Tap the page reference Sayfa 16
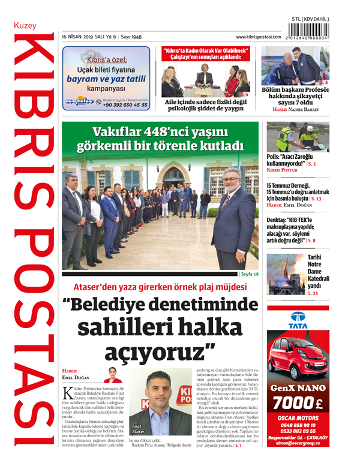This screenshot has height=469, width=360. [x=249, y=274]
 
